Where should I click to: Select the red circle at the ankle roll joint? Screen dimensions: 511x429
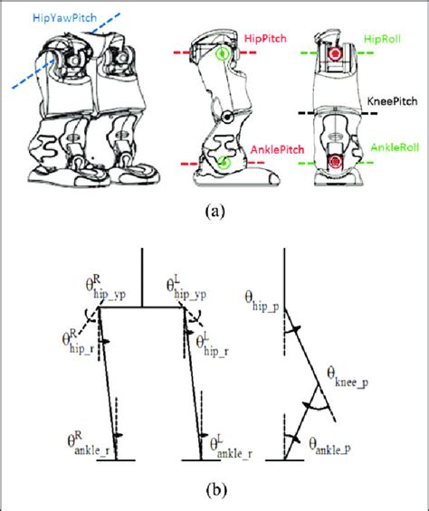(337, 163)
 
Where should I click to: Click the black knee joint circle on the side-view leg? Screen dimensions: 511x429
(230, 118)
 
